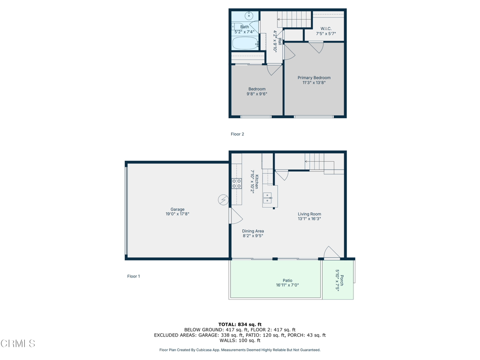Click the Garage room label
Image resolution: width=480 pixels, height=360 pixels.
point(178,210)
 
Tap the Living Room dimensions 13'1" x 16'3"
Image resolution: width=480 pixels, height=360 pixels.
point(309,218)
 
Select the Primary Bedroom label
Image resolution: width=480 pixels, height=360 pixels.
point(314,78)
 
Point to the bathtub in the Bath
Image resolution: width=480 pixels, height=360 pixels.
point(246,43)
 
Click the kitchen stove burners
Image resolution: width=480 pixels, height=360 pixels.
point(237,184)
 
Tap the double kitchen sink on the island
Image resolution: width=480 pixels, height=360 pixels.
point(268,198)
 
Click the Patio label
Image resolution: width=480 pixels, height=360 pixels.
point(287,280)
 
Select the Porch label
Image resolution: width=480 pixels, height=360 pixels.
point(342,280)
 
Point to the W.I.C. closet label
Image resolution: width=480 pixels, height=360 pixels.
point(326,29)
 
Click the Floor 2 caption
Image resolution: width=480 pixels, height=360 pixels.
point(237,134)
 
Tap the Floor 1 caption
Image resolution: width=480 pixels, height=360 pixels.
point(134,276)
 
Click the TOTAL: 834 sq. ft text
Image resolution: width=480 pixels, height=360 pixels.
point(240,324)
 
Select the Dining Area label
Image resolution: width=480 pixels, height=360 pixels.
point(253,231)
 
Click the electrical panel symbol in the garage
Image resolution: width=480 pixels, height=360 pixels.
point(223,200)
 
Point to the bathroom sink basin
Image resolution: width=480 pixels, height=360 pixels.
point(249,15)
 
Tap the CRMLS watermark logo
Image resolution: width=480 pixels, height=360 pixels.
point(18,344)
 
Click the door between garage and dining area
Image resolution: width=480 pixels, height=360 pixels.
point(236,216)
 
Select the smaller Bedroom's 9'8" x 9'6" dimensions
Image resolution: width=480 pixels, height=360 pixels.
point(257,94)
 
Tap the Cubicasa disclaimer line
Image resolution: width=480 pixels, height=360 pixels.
point(240,350)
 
